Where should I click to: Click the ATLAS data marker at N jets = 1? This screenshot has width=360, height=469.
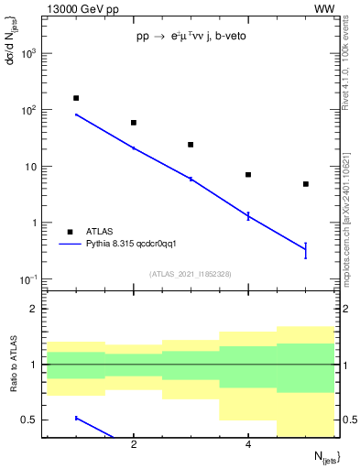[76, 98]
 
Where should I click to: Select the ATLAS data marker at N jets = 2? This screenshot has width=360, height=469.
[134, 123]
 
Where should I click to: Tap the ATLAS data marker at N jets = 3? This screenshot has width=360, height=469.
[191, 145]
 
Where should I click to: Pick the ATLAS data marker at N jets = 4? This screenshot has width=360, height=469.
[248, 175]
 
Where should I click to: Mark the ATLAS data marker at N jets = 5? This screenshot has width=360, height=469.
[306, 184]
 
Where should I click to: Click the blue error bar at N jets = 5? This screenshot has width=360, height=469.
[306, 250]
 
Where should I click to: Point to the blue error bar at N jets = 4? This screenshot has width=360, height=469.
[248, 215]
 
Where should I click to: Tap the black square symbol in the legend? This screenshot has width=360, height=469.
[70, 232]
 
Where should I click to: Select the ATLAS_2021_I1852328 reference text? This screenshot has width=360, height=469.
[191, 274]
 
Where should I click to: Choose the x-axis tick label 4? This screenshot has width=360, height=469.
[248, 444]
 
